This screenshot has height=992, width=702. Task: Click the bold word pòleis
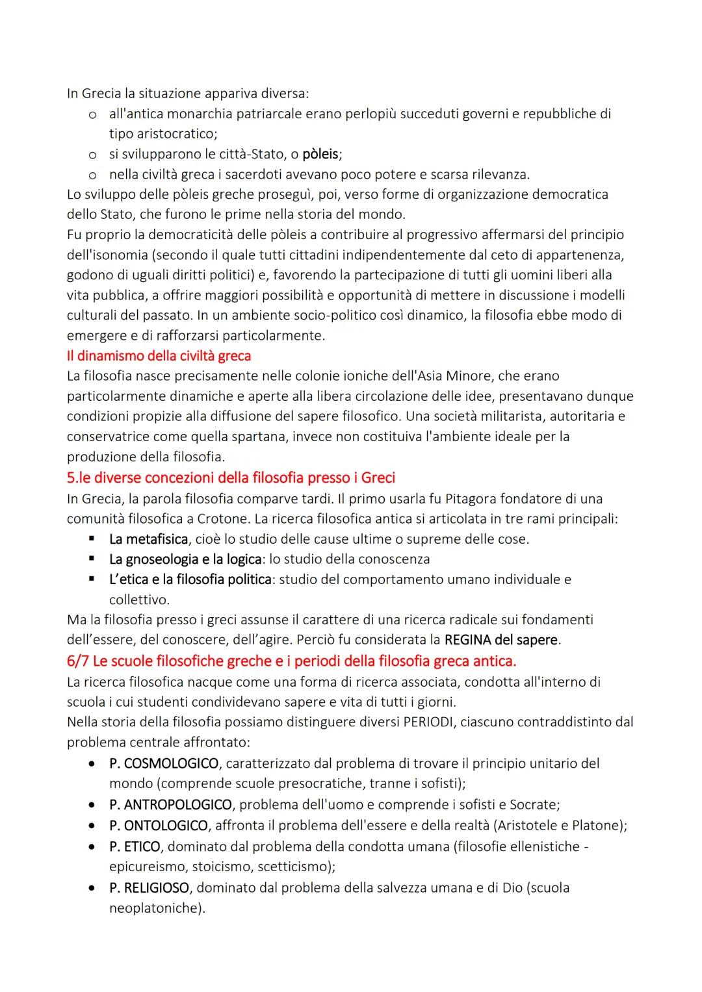[320, 155]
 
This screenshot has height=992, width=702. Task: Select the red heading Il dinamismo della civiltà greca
[159, 356]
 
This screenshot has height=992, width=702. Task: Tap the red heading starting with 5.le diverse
[231, 478]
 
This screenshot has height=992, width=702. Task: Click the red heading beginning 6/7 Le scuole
[291, 661]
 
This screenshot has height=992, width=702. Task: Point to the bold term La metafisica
[149, 539]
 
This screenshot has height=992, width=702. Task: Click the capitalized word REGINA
[467, 640]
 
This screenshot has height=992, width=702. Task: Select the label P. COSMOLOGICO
[163, 763]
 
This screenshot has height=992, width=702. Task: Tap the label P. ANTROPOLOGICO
[170, 805]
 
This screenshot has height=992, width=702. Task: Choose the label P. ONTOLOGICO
[158, 826]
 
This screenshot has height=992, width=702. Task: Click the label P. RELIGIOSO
[149, 888]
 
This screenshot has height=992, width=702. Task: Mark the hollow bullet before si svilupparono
[94, 155]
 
